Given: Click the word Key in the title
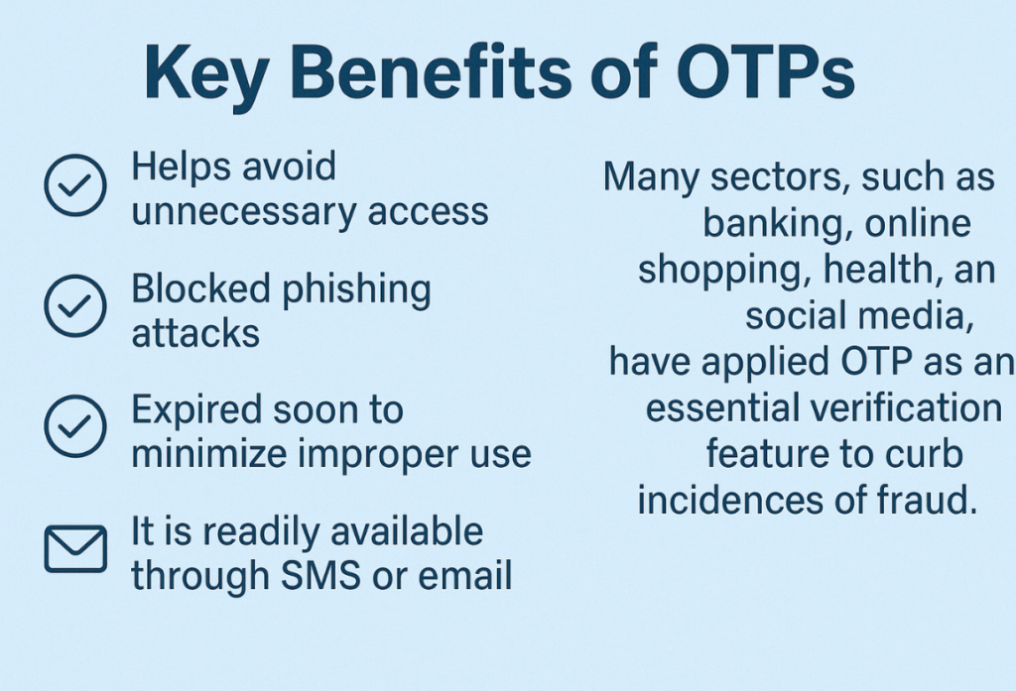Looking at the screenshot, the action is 206,73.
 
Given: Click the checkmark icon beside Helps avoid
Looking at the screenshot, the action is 75,185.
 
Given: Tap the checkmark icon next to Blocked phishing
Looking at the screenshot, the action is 75,305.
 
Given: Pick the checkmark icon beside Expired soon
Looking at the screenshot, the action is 75,426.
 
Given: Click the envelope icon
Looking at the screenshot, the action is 75,548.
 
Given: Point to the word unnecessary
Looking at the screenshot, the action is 244,212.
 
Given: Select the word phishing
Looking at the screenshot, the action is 357,290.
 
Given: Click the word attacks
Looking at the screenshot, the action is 195,333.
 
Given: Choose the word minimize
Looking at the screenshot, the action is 209,453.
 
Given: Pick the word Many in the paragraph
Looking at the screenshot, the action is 651,178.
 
